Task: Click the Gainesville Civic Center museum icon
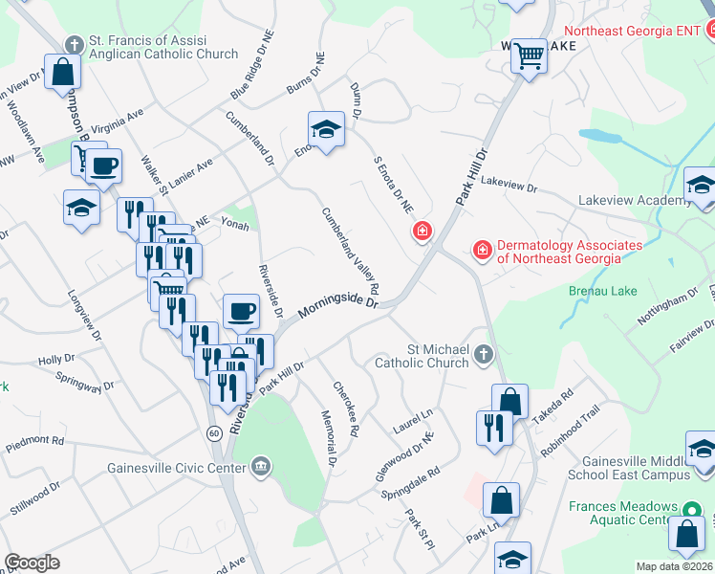[x=260, y=467]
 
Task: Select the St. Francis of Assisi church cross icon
[x=74, y=44]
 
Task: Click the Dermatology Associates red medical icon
[x=483, y=251]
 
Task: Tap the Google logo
[x=32, y=563]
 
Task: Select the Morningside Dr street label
[x=337, y=306]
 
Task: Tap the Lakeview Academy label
[x=635, y=201]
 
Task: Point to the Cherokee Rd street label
[x=345, y=408]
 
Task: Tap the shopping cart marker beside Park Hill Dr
[x=528, y=56]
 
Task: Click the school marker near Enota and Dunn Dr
[x=325, y=131]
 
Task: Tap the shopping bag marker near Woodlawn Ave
[x=62, y=72]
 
